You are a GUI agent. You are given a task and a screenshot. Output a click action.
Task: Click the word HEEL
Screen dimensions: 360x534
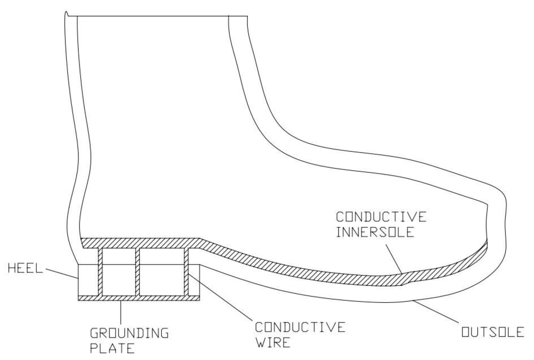click(25, 269)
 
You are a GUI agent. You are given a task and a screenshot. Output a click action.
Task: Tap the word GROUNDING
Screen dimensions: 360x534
click(129, 333)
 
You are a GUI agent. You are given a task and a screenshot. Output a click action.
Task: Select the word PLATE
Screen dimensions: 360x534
click(112, 349)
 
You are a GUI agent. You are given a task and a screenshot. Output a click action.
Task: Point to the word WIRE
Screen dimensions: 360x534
click(272, 342)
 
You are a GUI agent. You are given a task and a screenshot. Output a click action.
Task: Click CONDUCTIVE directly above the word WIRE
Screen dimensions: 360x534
click(300, 327)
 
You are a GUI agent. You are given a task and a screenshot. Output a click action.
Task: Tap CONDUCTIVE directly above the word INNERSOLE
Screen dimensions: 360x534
click(381, 217)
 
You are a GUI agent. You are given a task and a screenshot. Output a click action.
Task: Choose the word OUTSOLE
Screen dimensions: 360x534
click(492, 332)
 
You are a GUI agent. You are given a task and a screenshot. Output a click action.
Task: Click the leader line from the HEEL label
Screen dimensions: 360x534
click(61, 272)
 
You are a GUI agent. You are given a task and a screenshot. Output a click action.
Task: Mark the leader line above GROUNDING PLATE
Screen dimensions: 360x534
click(121, 313)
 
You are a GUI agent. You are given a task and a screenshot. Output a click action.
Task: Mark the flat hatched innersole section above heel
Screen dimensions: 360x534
click(139, 243)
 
